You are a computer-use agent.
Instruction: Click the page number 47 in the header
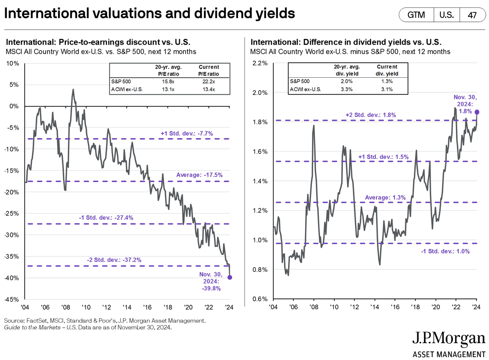[x=472, y=15]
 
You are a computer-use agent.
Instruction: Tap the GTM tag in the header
[x=416, y=15]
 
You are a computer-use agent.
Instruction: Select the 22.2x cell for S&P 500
[x=209, y=81]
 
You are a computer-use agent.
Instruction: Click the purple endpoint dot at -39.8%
[x=230, y=278]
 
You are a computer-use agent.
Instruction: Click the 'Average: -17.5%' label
[x=199, y=175]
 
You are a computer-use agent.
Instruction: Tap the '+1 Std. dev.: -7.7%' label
[x=187, y=134]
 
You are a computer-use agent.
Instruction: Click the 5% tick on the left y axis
[x=13, y=85]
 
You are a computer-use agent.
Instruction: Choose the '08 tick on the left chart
[x=65, y=308]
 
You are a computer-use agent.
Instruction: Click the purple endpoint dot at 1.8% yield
[x=477, y=112]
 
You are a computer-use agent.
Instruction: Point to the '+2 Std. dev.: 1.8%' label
[x=370, y=115]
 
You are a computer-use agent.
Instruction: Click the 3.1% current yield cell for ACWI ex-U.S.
[x=387, y=89]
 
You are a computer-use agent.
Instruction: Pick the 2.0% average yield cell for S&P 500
[x=347, y=81]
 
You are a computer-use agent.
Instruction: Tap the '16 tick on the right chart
[x=395, y=308]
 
